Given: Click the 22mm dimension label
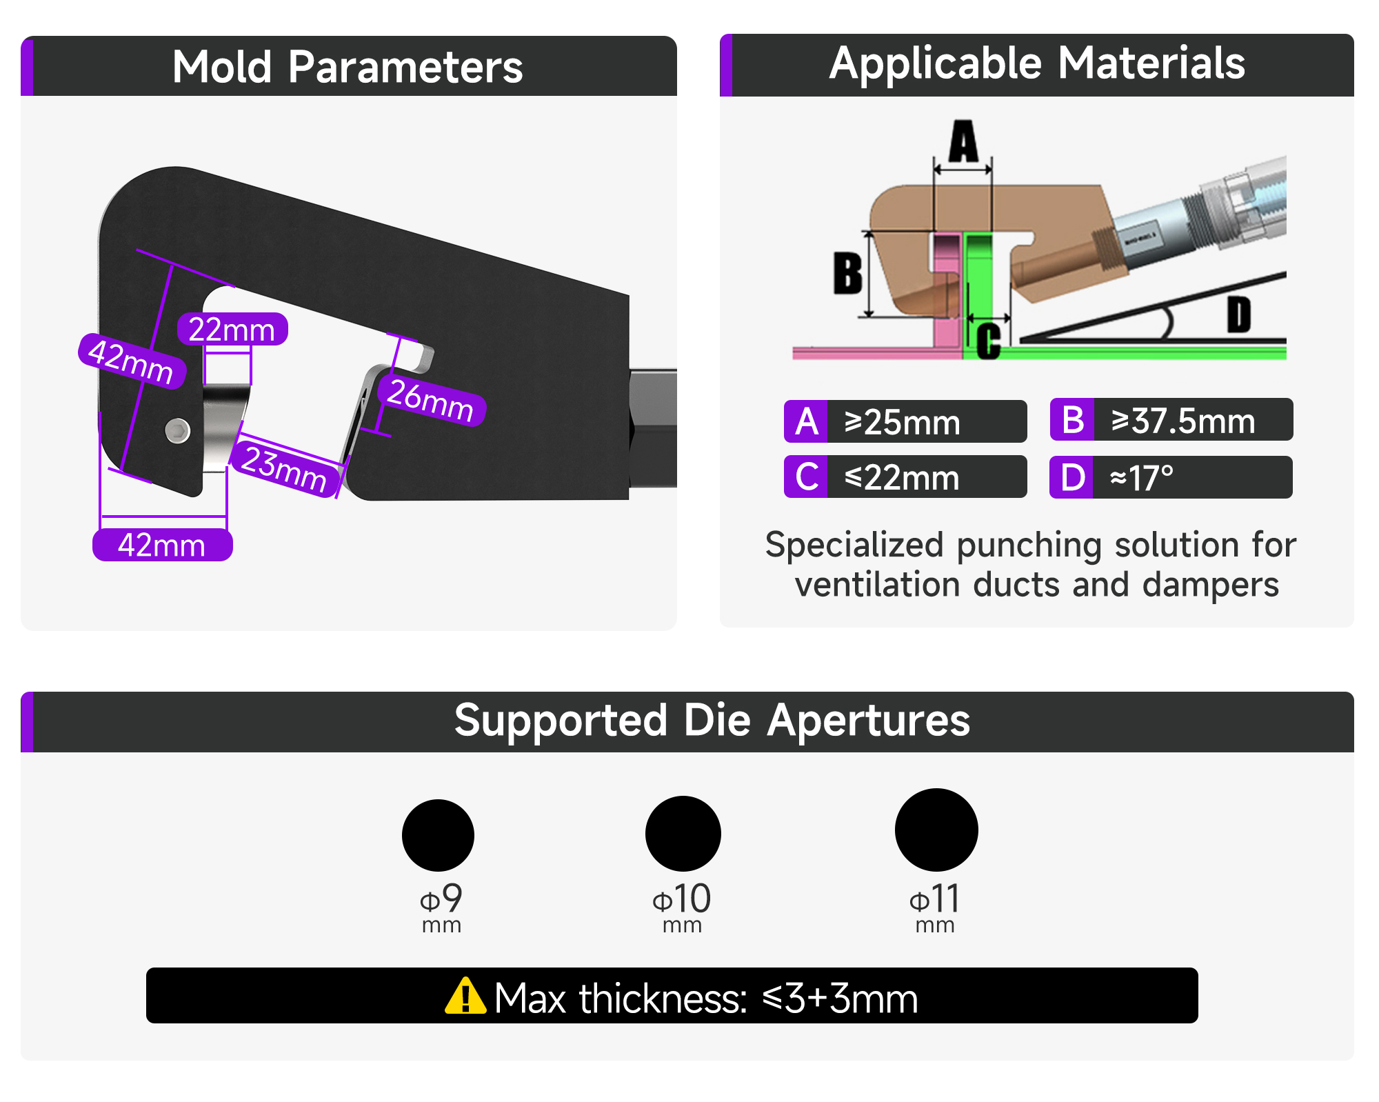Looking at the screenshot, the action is click(232, 329).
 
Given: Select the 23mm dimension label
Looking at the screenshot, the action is click(284, 469).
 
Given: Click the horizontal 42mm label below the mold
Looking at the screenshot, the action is click(162, 545).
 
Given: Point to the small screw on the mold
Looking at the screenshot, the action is click(178, 431).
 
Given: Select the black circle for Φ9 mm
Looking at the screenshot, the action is click(438, 835).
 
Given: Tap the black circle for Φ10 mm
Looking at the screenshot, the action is click(683, 834).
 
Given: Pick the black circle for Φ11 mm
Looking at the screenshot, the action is click(936, 830).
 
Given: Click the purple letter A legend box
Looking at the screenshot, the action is click(805, 421).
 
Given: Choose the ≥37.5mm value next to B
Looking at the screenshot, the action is click(1183, 421).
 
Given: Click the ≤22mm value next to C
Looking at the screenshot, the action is click(902, 477).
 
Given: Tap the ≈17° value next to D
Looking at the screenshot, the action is click(1141, 477).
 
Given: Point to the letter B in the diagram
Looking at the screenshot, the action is click(848, 273).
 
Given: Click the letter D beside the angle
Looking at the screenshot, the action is click(1239, 314).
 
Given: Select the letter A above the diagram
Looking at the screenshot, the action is click(963, 141).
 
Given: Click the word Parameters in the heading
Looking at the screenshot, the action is click(405, 68).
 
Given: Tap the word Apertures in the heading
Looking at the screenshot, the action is click(869, 721).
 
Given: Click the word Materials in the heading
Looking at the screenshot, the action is click(1151, 63).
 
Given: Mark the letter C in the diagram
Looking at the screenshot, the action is click(989, 341).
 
